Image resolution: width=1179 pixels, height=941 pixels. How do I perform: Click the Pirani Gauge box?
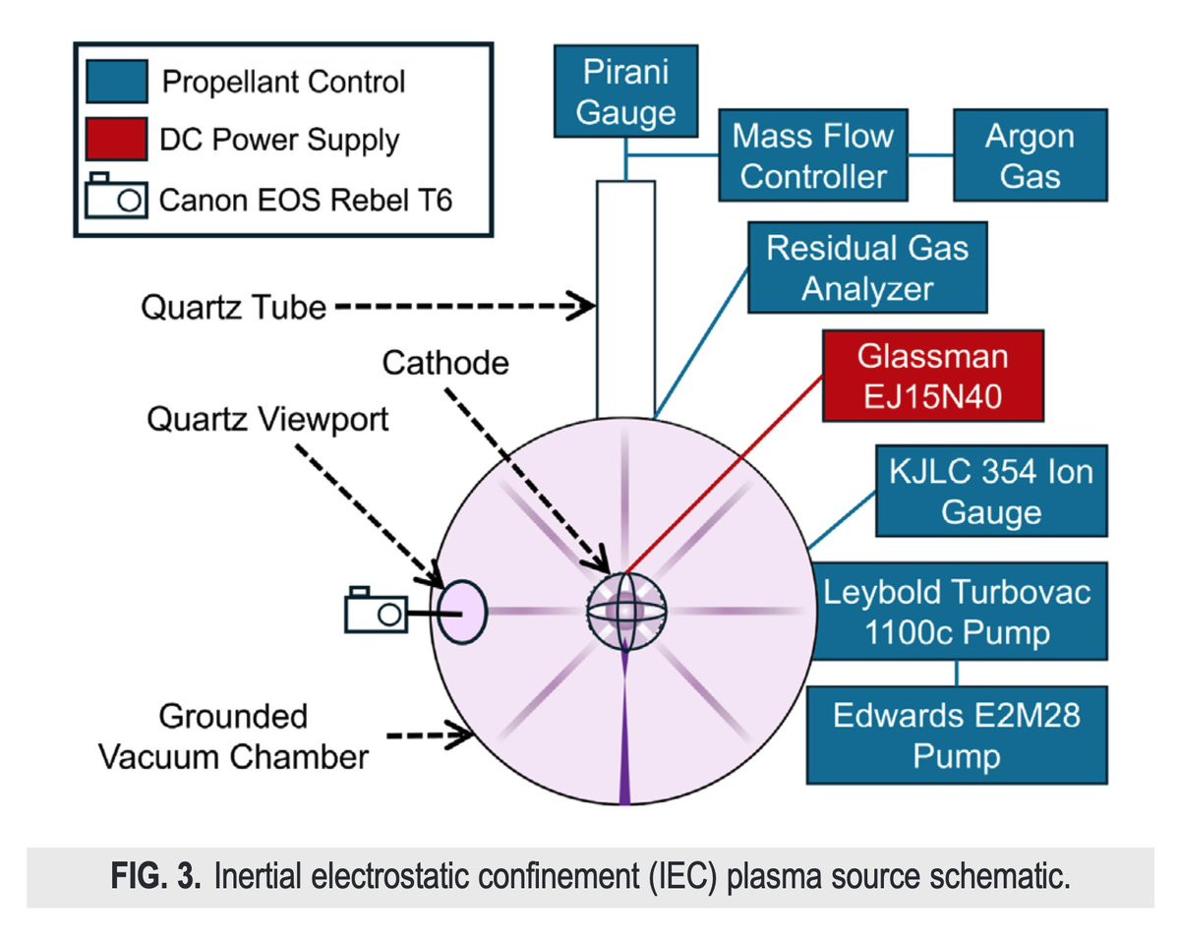[x=625, y=93]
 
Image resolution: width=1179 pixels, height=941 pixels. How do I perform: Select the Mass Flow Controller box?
[x=812, y=155]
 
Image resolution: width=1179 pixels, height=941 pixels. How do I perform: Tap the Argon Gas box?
[x=1031, y=155]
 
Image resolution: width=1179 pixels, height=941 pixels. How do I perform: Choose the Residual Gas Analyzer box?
[x=866, y=267]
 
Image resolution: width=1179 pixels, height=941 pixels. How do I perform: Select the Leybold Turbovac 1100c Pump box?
[x=957, y=612]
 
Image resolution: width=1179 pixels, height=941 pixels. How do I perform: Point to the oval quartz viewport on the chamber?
[x=462, y=611]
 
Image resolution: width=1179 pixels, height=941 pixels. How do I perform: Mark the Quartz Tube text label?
[x=233, y=307]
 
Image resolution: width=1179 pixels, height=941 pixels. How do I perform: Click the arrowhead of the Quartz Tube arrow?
[x=588, y=307]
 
